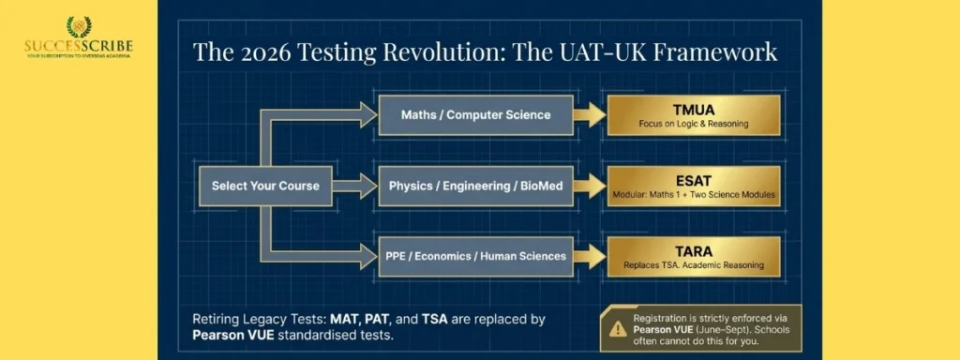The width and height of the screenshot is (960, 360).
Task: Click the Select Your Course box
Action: tap(265, 186)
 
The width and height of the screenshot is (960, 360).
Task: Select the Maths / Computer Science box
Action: tap(475, 115)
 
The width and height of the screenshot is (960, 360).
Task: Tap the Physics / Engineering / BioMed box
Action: tap(475, 186)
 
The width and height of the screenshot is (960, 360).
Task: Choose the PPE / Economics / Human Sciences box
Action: tap(475, 255)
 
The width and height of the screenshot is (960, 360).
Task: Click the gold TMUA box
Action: tap(694, 115)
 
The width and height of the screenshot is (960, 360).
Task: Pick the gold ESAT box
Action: tap(694, 186)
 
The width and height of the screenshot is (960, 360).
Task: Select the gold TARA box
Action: tap(694, 255)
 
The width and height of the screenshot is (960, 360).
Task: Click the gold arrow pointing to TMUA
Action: tap(590, 115)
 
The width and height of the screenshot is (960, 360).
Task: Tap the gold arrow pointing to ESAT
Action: tap(590, 186)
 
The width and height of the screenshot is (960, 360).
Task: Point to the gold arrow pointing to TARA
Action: tap(590, 255)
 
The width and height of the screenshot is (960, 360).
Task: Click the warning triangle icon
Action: tap(617, 328)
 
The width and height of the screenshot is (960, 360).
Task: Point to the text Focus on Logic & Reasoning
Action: tap(694, 125)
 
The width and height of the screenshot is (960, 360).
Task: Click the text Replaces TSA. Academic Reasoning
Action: tap(694, 265)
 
